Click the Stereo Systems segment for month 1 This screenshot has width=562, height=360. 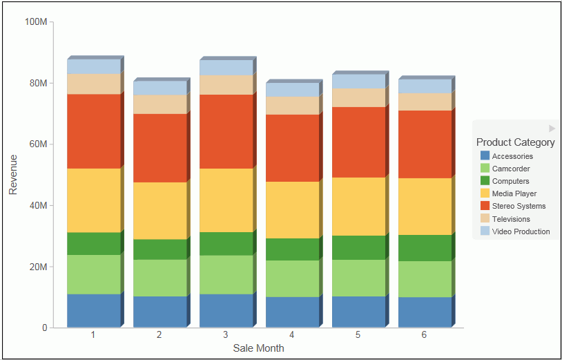click(x=93, y=131)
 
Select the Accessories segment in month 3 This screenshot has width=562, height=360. click(x=226, y=310)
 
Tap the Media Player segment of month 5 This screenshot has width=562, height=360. click(x=358, y=207)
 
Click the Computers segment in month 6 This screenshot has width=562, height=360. click(x=425, y=248)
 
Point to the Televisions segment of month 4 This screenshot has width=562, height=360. click(x=292, y=105)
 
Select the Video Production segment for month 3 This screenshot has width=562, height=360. click(x=226, y=67)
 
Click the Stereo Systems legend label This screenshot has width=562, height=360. click(x=519, y=206)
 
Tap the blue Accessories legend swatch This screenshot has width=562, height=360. click(x=485, y=156)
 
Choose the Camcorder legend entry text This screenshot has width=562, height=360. click(x=511, y=169)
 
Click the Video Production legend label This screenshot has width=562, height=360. click(x=521, y=231)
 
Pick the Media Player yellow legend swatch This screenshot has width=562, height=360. click(x=485, y=193)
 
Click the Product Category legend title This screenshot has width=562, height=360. click(x=515, y=142)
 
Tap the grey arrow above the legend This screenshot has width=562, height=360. click(x=552, y=129)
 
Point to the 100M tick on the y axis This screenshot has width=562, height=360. click(x=35, y=21)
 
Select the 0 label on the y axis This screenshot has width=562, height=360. click(x=44, y=328)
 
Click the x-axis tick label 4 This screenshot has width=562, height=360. click(x=292, y=335)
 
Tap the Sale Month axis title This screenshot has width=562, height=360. click(x=258, y=348)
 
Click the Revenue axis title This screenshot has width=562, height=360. click(x=13, y=174)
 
